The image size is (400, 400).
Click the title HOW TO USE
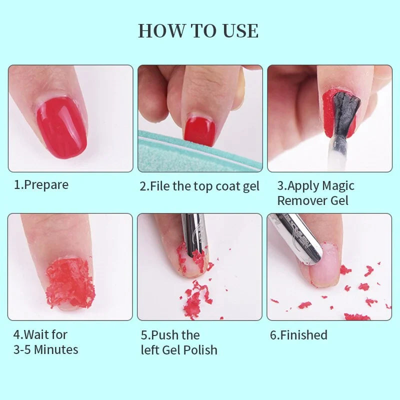coord(198,31)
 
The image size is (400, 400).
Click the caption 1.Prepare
coord(41,184)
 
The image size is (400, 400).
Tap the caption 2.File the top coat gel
coord(199,186)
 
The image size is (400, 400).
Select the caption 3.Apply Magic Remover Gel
coord(315,193)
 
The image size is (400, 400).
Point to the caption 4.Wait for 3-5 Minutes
coord(45,341)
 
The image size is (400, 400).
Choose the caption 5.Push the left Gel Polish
coord(178,342)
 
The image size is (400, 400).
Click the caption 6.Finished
coord(298,334)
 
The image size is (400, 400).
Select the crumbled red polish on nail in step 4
coord(70,283)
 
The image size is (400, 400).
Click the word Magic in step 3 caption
coord(338,185)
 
